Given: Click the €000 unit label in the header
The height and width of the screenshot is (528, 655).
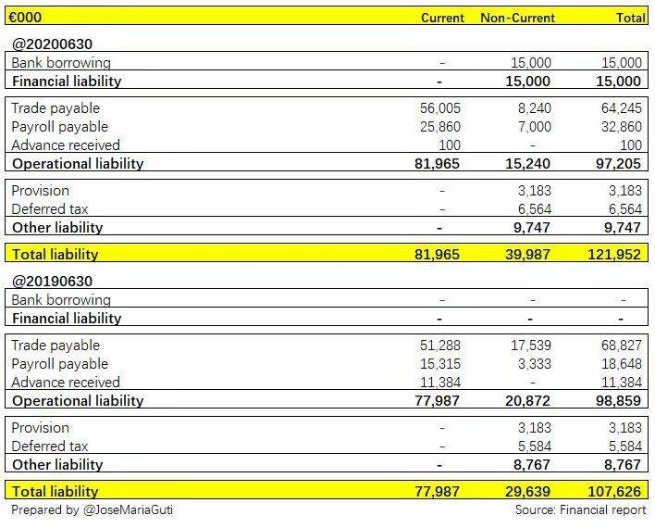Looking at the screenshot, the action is click(x=25, y=18).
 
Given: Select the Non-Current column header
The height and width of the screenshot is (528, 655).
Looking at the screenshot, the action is click(x=517, y=18).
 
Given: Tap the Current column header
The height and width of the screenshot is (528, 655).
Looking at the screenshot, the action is click(x=442, y=18).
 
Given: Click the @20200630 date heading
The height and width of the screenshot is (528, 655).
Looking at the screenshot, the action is click(x=52, y=44).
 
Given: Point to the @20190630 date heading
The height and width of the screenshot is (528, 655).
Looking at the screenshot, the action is click(x=52, y=282).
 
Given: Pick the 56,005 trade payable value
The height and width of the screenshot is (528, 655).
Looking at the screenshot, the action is click(x=439, y=108).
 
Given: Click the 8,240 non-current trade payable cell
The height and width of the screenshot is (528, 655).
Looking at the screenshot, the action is click(x=535, y=108).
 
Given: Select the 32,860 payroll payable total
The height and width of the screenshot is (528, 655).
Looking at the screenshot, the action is click(x=621, y=127).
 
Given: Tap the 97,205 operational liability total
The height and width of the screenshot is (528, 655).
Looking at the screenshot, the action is click(x=618, y=164).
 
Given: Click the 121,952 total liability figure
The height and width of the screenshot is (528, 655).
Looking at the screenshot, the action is click(x=614, y=255).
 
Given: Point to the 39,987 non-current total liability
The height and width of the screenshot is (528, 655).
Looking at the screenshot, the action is click(x=527, y=255).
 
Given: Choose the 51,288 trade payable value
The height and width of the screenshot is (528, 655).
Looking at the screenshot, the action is click(x=439, y=346).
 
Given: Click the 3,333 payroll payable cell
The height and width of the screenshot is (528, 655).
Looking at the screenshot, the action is click(x=535, y=364).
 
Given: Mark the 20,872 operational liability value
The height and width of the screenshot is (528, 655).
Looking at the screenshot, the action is click(x=527, y=401).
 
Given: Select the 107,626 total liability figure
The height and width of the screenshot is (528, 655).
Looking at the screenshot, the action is click(x=614, y=492).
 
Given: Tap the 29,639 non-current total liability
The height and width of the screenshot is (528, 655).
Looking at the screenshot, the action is click(x=527, y=492).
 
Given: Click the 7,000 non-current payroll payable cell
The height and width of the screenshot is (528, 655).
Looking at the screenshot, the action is click(x=535, y=127).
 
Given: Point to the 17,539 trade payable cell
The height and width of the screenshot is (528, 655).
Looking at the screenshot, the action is click(x=530, y=346).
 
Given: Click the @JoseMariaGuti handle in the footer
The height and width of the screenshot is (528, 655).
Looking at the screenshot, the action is click(x=128, y=510).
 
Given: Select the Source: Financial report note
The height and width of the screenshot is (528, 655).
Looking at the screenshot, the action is click(x=581, y=510).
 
